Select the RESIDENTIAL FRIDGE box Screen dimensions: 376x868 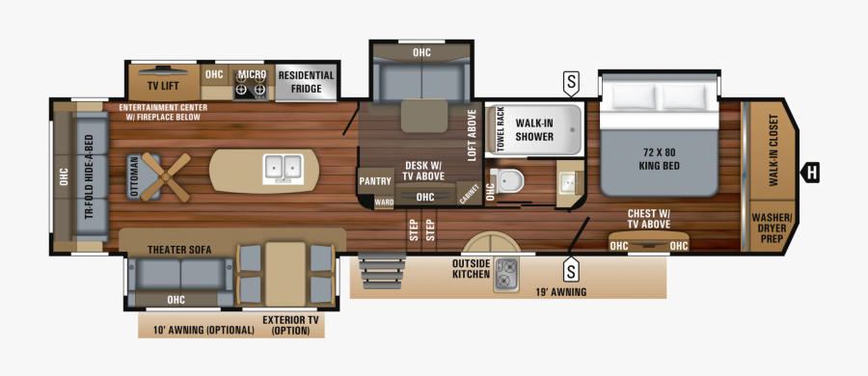pos(306,83)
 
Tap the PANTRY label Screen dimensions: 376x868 pos(374,180)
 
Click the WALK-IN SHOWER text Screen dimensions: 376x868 pos(534,130)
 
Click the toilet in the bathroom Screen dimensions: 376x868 pos(509,181)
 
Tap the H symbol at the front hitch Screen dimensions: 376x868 pos(812,174)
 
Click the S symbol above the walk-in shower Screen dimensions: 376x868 pos(572,85)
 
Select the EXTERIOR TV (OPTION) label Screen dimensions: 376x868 pos(290,325)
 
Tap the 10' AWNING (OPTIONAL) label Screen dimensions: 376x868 pos(198,330)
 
